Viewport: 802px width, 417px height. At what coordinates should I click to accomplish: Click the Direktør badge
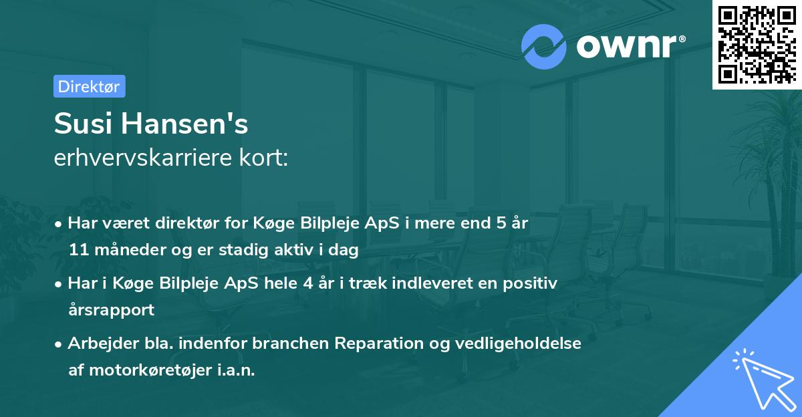pos(89,86)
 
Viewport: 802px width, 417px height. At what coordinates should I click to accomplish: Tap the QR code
pos(757,45)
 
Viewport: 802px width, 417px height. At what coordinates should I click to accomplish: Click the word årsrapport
pos(111,310)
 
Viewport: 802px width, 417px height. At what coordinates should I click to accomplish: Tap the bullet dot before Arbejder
pos(59,344)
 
